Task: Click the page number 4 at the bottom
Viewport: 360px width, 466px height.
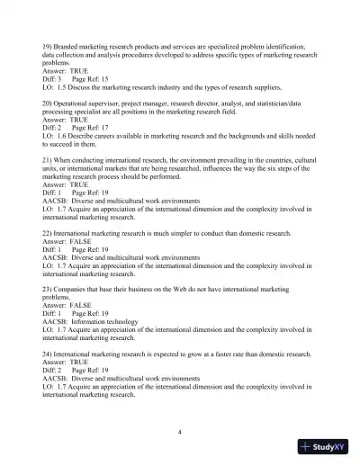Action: (180, 433)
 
